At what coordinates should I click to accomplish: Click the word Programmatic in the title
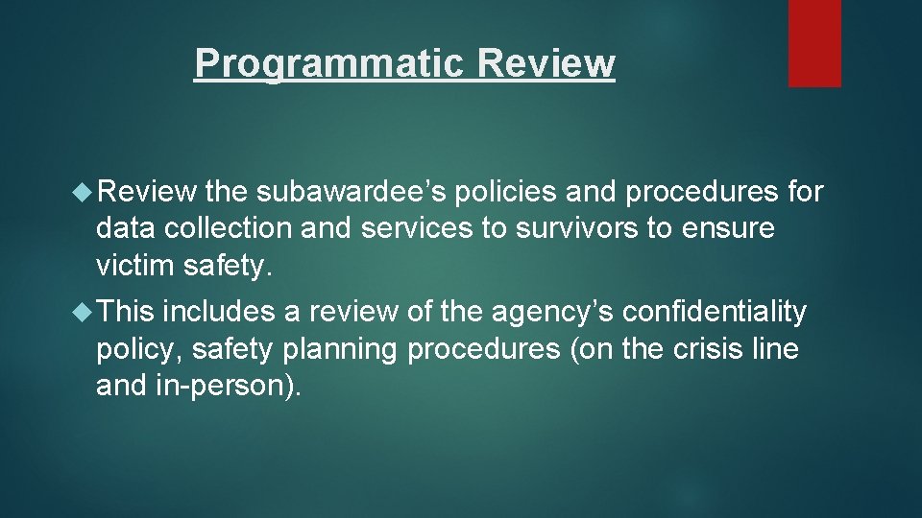(329, 64)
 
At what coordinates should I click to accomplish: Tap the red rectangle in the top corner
(814, 43)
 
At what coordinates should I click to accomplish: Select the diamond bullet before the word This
(85, 311)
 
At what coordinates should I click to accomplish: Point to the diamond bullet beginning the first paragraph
(85, 192)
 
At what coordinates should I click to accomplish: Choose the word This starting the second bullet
(126, 312)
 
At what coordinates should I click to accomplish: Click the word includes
(217, 312)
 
